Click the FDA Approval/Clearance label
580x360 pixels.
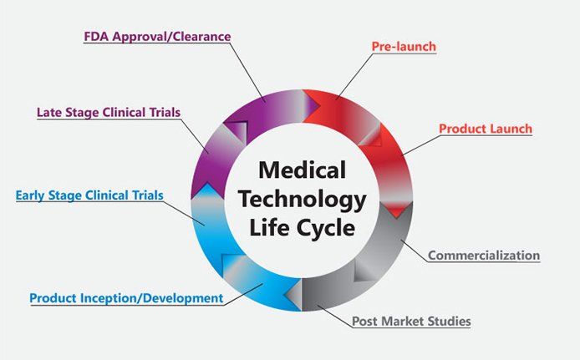coord(157,37)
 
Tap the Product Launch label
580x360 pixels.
coord(486,129)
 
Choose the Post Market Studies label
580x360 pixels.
coord(411,321)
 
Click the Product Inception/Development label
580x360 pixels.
coord(126,297)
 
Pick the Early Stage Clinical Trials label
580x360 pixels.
coord(89,196)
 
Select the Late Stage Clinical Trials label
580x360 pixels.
coord(109,112)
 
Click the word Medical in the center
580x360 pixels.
coord(302,171)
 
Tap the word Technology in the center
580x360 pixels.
coord(302,200)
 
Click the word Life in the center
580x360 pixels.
coord(268,227)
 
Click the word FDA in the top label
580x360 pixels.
coord(97,37)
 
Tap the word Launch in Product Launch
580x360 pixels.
coord(510,129)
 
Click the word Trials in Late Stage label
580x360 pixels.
coord(161,112)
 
